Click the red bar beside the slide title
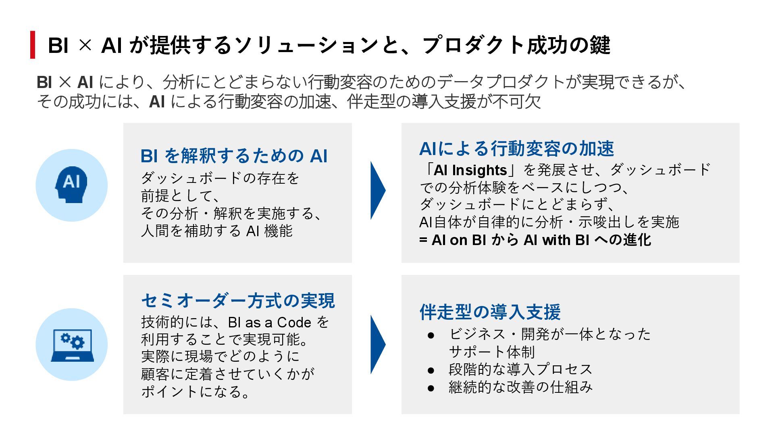click(x=33, y=45)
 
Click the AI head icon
click(x=71, y=185)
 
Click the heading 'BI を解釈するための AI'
click(x=234, y=156)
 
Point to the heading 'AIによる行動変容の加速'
click(x=516, y=149)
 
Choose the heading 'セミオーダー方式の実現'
click(x=238, y=301)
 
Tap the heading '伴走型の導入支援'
click(x=490, y=312)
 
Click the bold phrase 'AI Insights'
click(x=470, y=170)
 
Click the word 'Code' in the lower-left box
click(x=294, y=323)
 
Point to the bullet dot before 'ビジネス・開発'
click(x=431, y=335)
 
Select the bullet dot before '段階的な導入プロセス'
click(x=431, y=370)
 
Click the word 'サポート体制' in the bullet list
click(x=492, y=352)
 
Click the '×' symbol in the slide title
click(x=85, y=45)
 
